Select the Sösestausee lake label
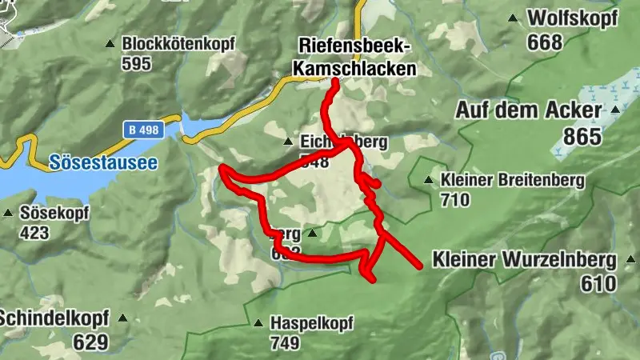click(x=103, y=162)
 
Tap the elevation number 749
click(x=284, y=343)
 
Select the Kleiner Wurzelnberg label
click(x=524, y=259)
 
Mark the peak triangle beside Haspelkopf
click(x=258, y=324)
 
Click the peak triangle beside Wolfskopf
click(x=513, y=18)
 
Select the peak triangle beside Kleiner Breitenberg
click(x=430, y=180)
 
